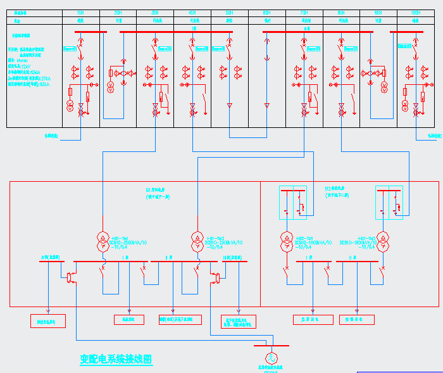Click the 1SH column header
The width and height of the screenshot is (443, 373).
coord(80,13)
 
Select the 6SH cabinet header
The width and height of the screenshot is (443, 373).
coord(267,13)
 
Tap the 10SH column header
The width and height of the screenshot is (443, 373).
coord(416,13)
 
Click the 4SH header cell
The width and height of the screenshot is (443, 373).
coord(192,13)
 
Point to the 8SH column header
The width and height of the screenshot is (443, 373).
coord(341,13)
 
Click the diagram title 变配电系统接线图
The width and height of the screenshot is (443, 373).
coord(116,359)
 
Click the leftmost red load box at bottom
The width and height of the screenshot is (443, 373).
coord(48,321)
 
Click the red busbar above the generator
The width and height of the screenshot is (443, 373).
coord(271,346)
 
